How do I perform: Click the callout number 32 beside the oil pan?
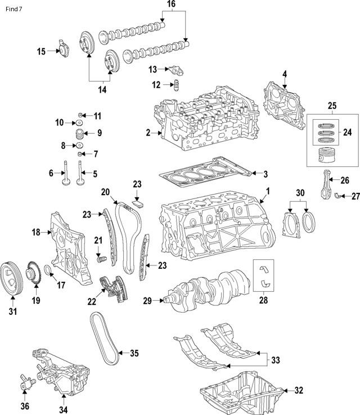(x=298, y=390)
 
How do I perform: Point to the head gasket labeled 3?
(x=202, y=172)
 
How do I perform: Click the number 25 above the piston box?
(x=332, y=106)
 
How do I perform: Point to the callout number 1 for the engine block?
(x=268, y=191)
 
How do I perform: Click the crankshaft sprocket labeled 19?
(x=35, y=273)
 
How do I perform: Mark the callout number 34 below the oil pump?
(x=64, y=409)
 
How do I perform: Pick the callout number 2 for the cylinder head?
(x=148, y=133)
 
